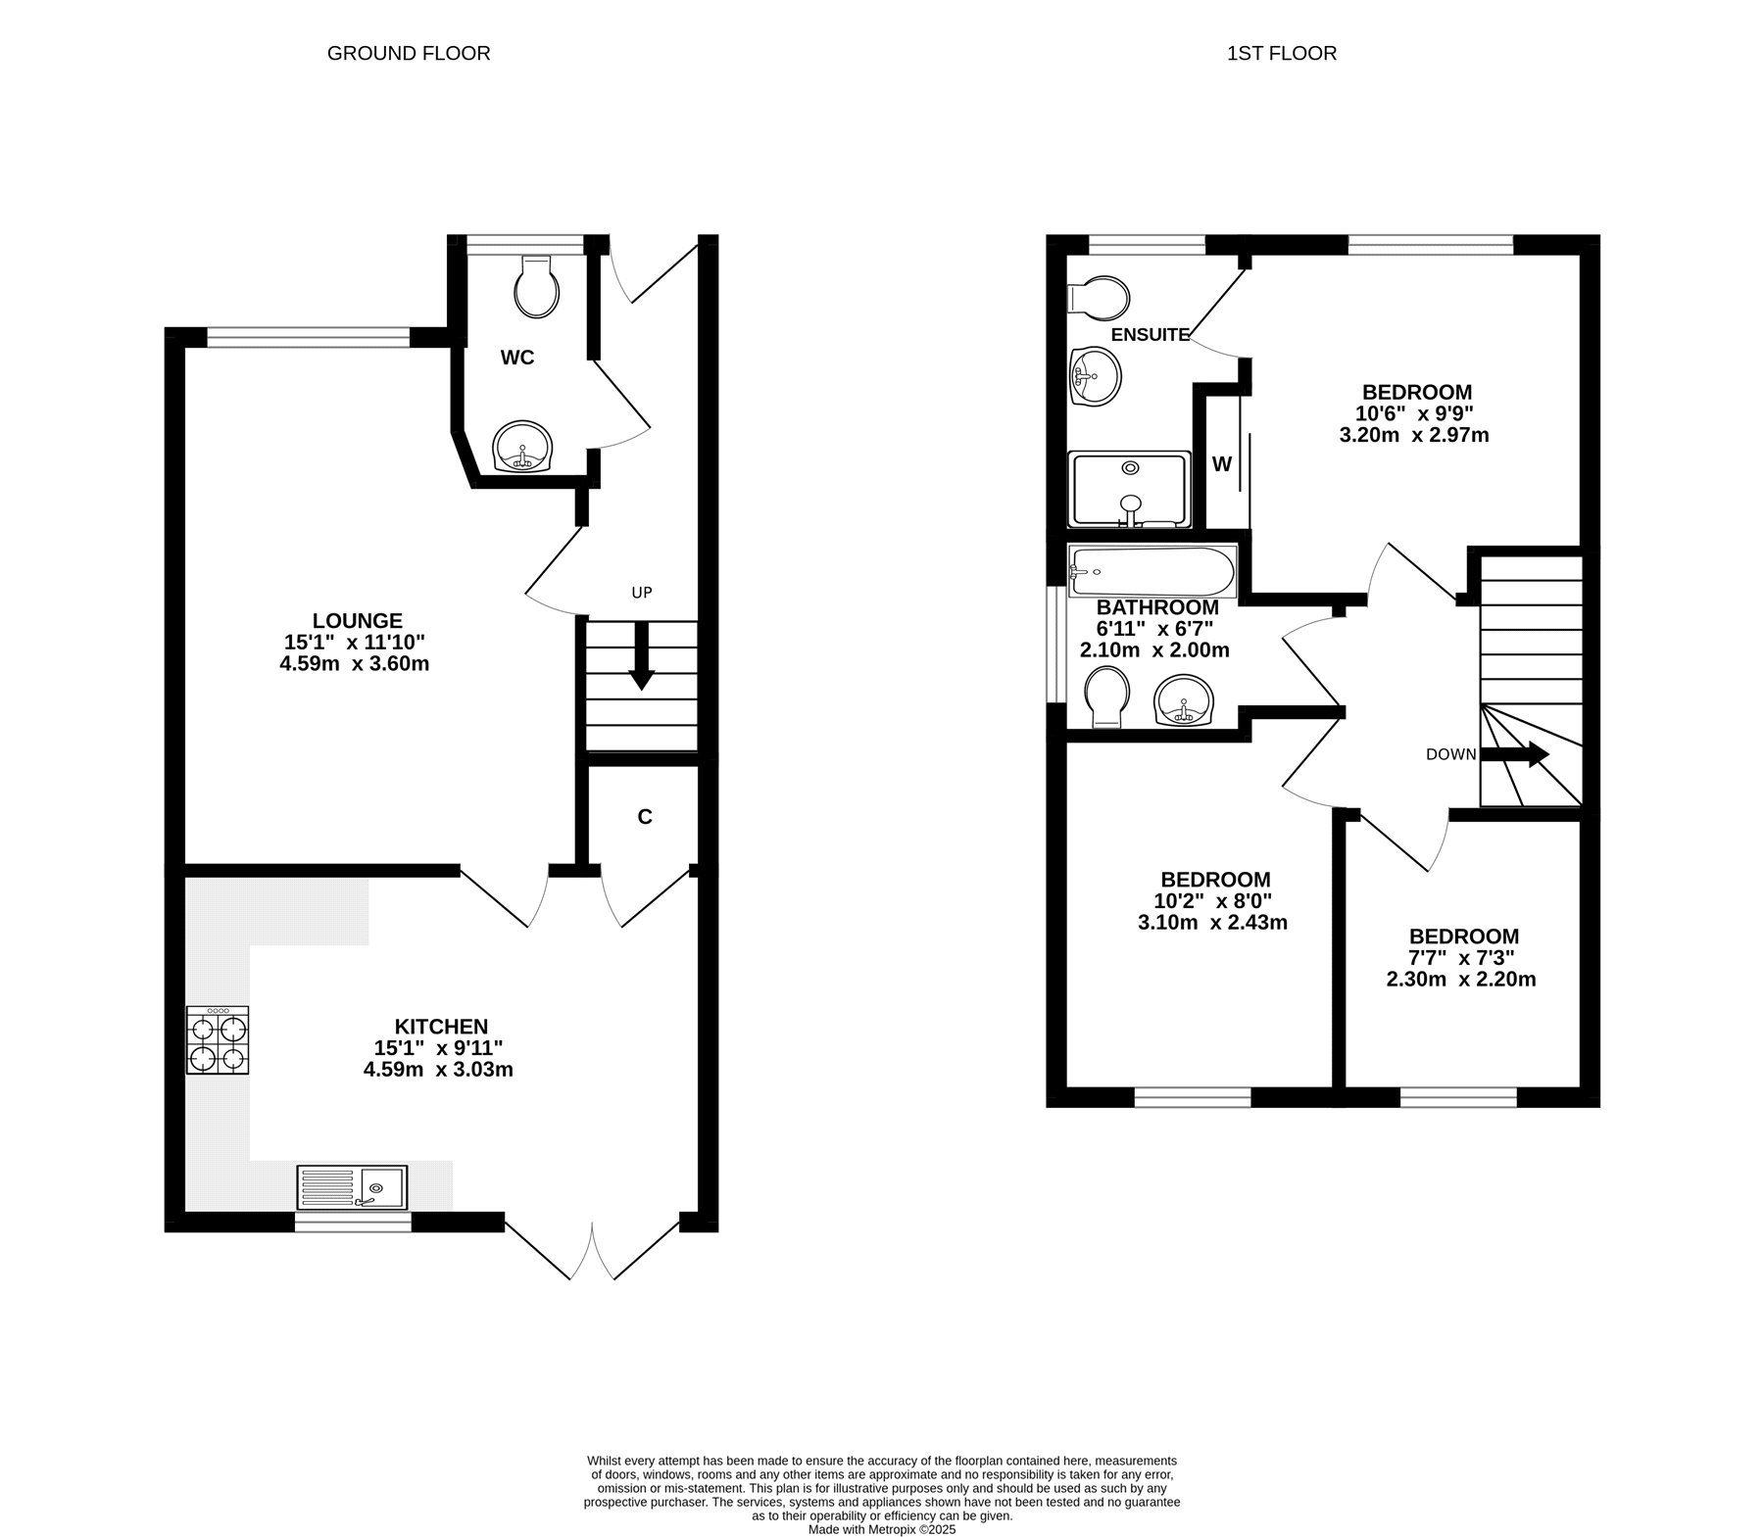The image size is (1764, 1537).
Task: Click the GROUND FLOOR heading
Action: (x=409, y=53)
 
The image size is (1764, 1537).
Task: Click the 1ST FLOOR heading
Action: (x=1282, y=53)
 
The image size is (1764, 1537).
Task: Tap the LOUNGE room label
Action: (x=358, y=620)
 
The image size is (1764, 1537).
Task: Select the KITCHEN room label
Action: (x=441, y=1027)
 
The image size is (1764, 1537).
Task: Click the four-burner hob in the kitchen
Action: (x=218, y=1040)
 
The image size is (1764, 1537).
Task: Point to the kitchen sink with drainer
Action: (x=352, y=1187)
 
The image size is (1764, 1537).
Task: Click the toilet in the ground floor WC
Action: (x=537, y=286)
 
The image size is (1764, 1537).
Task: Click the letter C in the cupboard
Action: (x=645, y=817)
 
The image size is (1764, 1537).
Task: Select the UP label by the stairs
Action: (x=642, y=593)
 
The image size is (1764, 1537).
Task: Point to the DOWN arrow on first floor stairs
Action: (x=1514, y=754)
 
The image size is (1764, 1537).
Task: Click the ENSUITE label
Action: (x=1150, y=335)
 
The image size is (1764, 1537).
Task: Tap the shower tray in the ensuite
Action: (x=1130, y=489)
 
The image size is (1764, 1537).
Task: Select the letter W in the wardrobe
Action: (x=1221, y=464)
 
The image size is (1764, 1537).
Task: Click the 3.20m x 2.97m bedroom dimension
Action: (x=1414, y=435)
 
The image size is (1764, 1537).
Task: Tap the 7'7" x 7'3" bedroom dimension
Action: (x=1463, y=958)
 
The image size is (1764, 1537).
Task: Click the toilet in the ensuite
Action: (x=1099, y=298)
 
